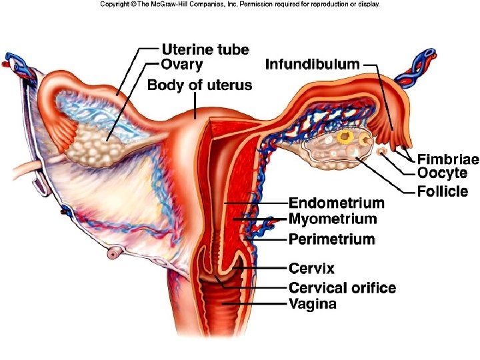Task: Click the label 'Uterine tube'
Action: [x=205, y=50]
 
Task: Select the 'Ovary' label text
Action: [x=182, y=65]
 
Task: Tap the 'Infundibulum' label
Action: [x=313, y=65]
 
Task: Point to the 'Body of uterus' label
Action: [x=199, y=85]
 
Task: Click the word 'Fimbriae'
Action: [x=447, y=159]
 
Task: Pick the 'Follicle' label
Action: [x=443, y=192]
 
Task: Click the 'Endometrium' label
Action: [x=336, y=203]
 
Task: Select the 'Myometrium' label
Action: [x=332, y=219]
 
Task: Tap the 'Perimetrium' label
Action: [x=331, y=239]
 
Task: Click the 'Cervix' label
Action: [x=311, y=268]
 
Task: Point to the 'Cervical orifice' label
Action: [x=342, y=288]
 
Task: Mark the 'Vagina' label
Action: [x=312, y=305]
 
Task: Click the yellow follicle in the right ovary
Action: [x=345, y=137]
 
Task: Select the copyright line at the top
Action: [x=240, y=4]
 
